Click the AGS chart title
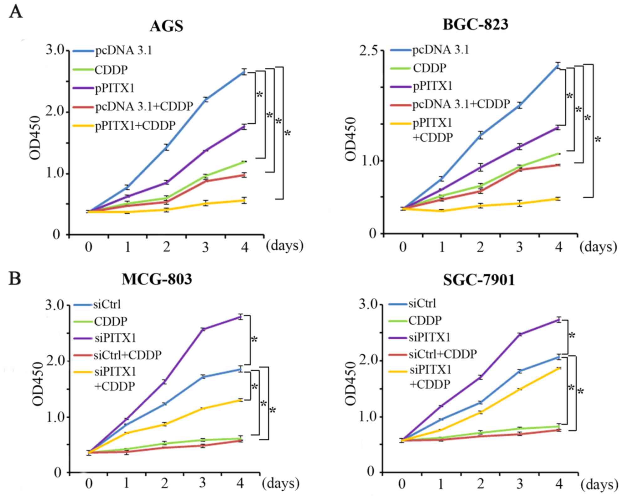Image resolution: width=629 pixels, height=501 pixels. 166,26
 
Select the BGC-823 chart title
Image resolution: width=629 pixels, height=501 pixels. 475,24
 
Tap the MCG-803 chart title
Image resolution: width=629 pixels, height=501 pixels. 157,279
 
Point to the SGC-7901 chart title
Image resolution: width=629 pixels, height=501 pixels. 479,280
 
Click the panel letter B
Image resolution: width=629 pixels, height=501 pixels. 15,279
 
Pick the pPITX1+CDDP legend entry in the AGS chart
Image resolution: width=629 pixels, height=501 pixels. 135,125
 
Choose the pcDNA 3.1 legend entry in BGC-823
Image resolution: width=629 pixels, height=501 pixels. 440,50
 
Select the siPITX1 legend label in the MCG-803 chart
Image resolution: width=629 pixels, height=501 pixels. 115,338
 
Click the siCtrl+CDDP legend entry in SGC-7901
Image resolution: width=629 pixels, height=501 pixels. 442,354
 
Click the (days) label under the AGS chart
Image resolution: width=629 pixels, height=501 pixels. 284,246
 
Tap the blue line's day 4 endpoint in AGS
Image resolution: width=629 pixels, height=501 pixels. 244,72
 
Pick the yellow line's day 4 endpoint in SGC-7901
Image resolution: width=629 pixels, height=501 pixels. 558,368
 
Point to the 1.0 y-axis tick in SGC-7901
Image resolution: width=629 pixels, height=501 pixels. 367,417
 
